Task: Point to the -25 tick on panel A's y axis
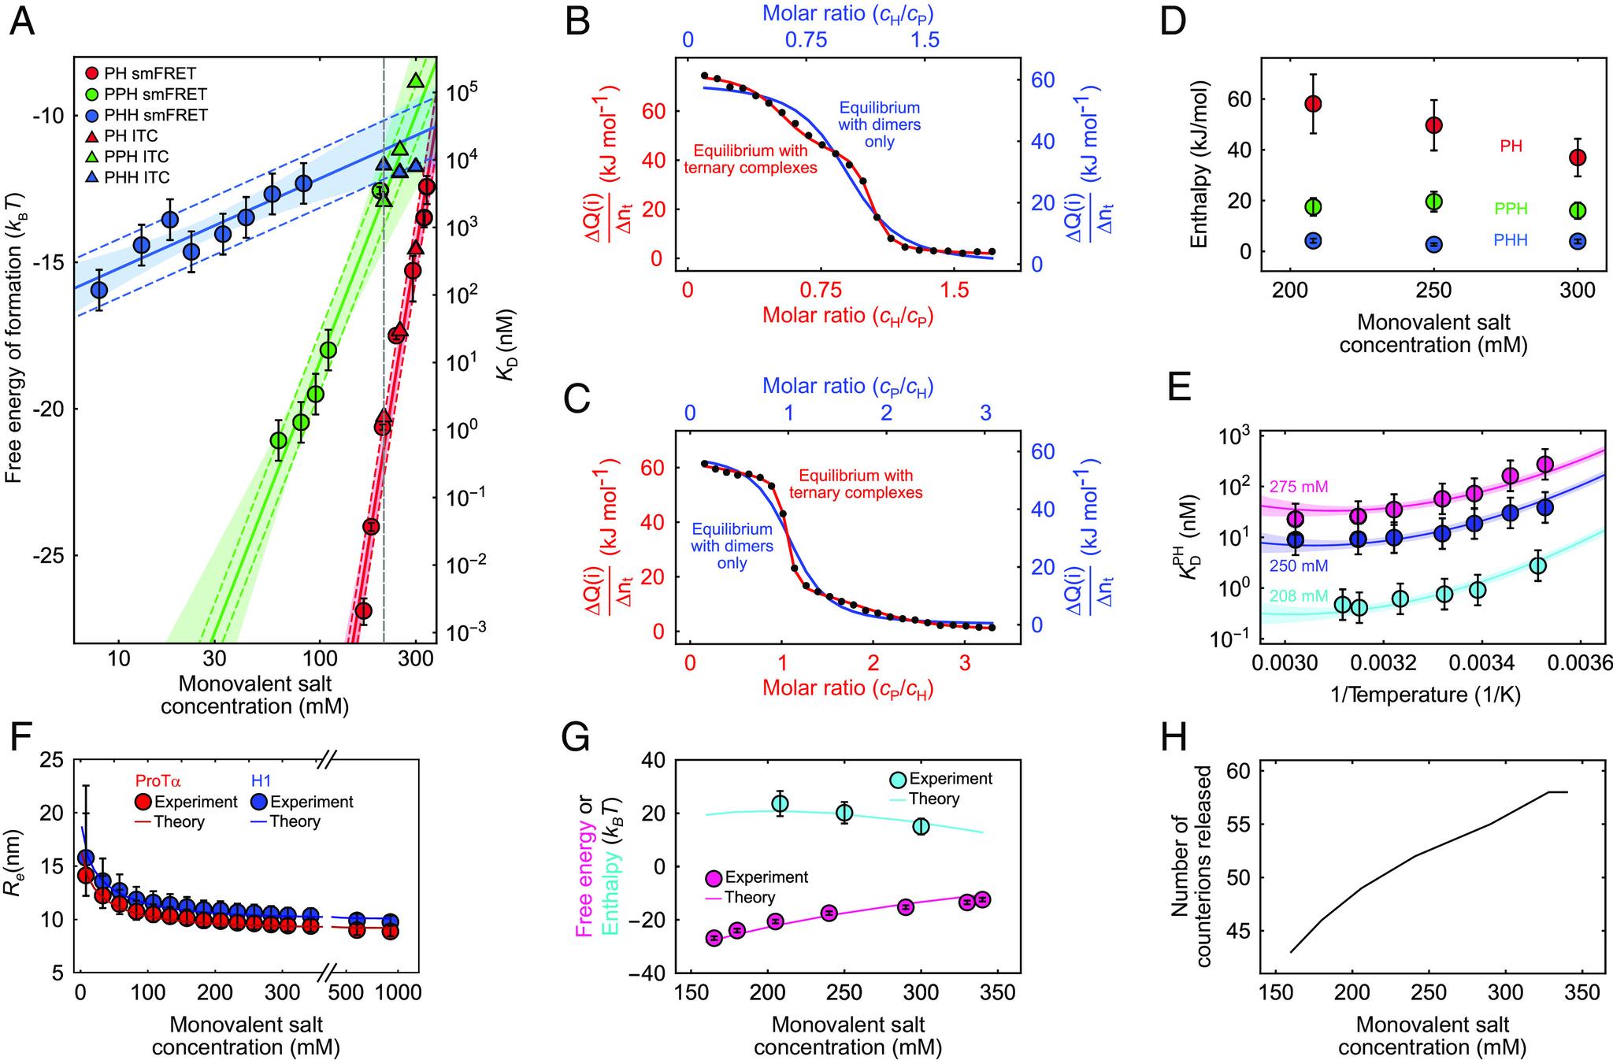(52, 556)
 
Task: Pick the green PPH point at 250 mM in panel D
(1434, 201)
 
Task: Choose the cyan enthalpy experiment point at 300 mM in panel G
(921, 826)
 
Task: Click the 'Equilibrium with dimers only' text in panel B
(879, 124)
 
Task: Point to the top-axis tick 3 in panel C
(984, 413)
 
